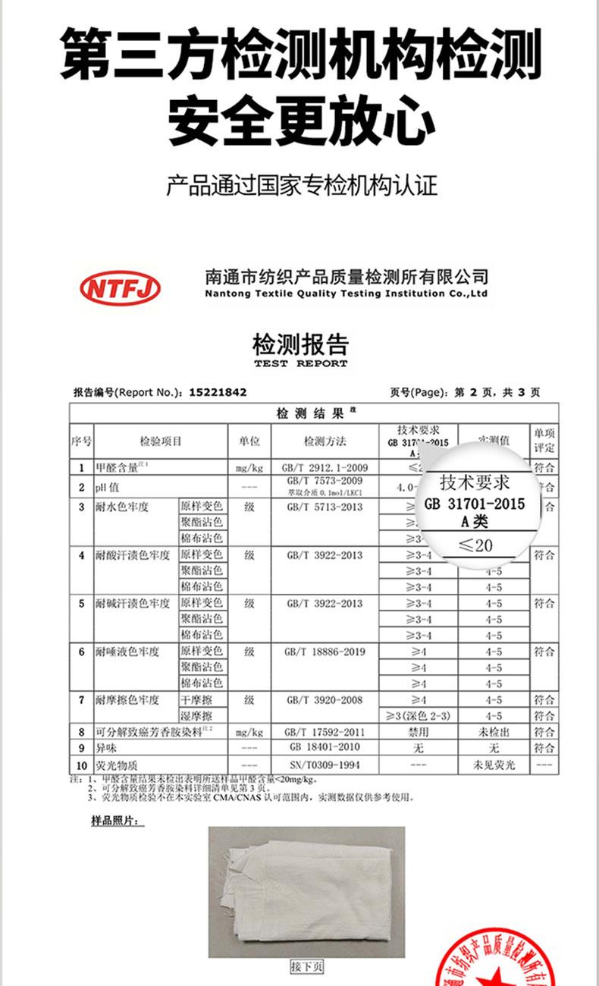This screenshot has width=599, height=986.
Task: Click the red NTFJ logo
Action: [x=121, y=287]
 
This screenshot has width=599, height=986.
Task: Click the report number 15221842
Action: [x=218, y=392]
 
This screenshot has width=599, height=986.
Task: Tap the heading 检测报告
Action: [x=300, y=345]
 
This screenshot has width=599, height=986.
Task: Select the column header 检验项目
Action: [x=161, y=441]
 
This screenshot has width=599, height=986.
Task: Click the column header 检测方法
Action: [x=325, y=441]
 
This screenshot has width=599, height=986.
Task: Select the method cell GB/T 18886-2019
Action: [x=325, y=652]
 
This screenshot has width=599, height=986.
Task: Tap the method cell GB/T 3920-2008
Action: [x=325, y=700]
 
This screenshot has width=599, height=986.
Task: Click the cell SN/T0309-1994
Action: [x=325, y=765]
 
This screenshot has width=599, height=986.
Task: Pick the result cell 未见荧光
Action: [x=494, y=765]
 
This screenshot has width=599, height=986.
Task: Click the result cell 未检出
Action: [x=494, y=733]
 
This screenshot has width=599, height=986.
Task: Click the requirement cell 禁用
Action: [x=418, y=733]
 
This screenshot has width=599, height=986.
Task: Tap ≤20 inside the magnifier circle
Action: [x=475, y=545]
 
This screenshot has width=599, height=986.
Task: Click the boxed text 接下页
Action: [x=307, y=966]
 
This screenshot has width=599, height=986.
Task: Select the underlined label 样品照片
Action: [x=113, y=821]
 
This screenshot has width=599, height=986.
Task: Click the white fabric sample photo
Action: [x=306, y=890]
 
